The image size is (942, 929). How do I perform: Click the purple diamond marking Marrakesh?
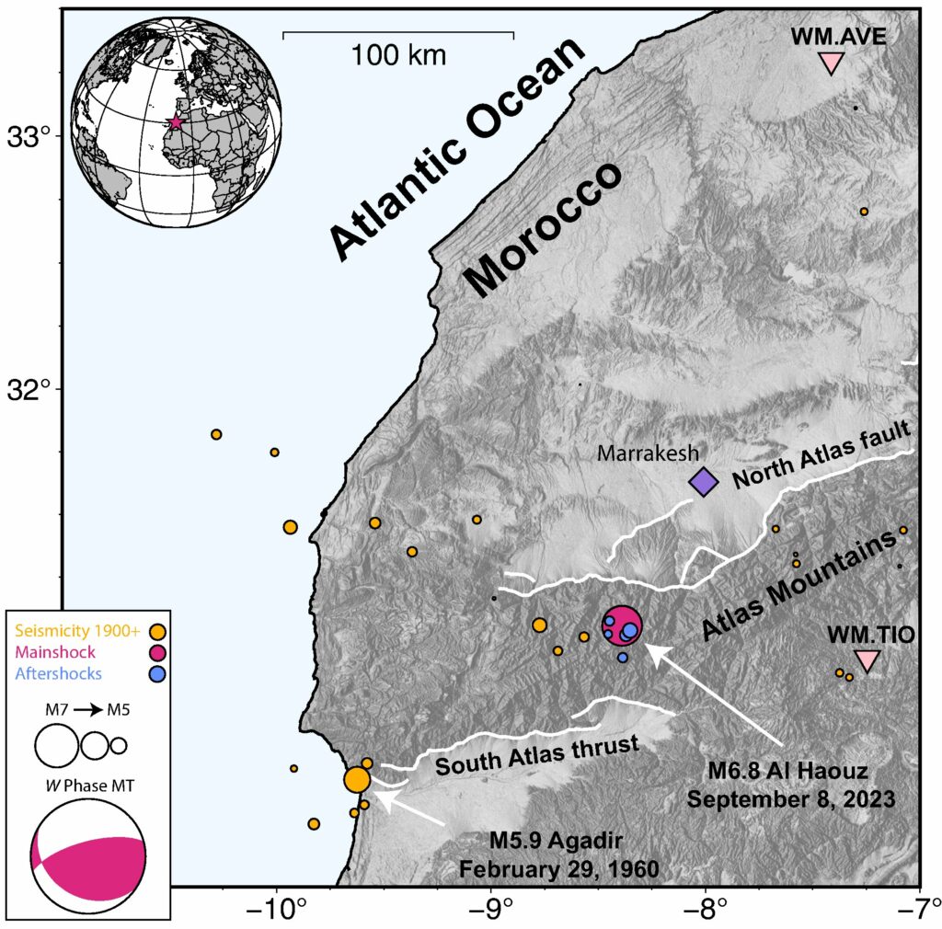coord(704,481)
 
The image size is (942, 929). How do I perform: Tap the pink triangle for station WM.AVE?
coord(832,63)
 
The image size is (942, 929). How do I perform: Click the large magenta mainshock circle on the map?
coord(622,625)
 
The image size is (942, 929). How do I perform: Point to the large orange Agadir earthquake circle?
coord(357,780)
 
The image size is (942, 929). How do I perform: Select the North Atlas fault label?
coord(822,453)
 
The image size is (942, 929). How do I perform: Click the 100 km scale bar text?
coord(398,55)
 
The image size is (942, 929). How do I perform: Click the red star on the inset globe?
coord(175,121)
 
